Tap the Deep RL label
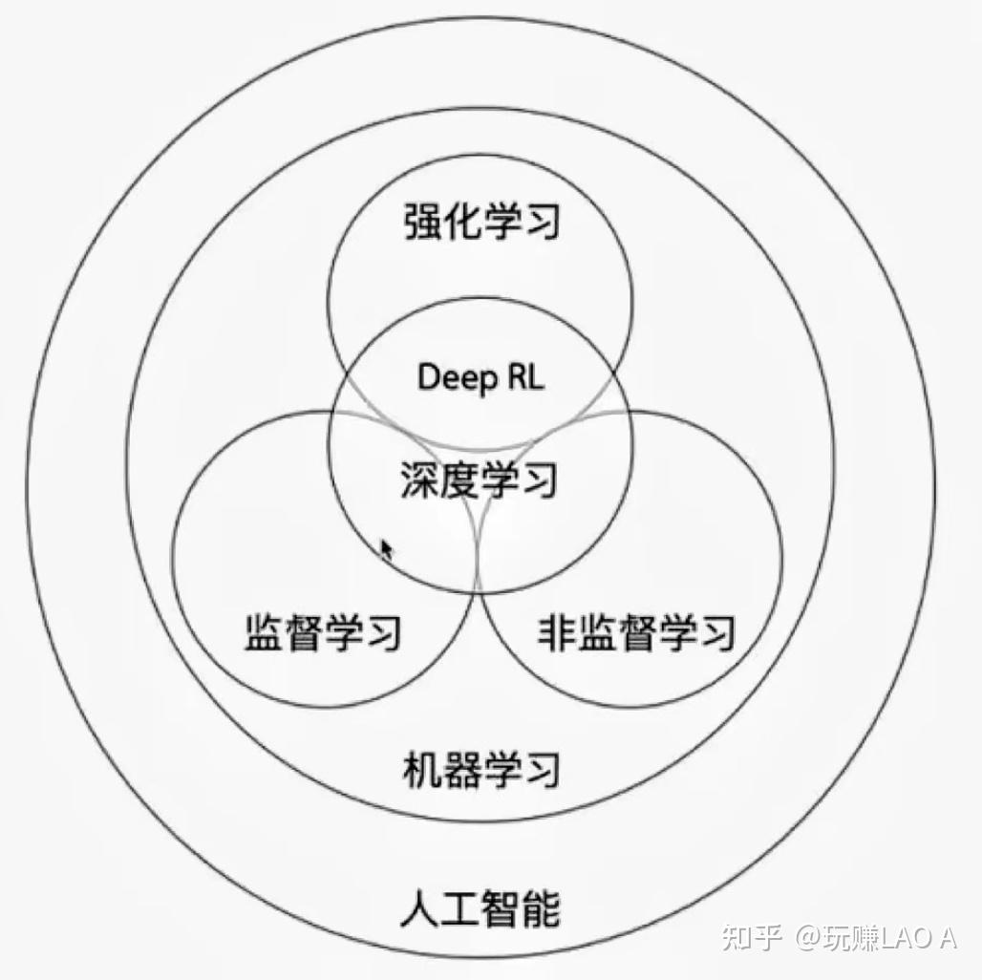(480, 377)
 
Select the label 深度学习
(479, 479)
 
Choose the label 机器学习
(480, 769)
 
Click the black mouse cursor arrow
(386, 550)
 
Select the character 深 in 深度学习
(420, 479)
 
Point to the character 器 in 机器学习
(460, 769)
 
